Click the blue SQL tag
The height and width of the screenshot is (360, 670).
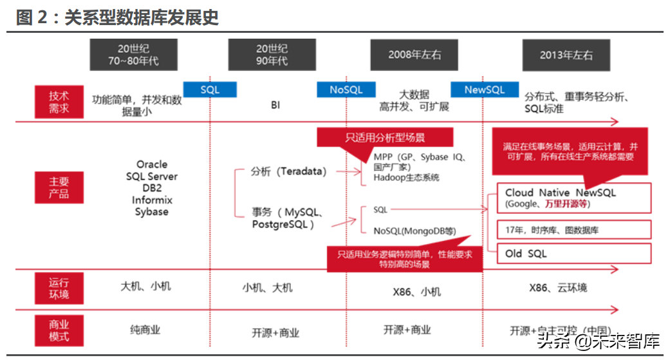point(210,90)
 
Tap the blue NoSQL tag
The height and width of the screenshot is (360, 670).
point(346,90)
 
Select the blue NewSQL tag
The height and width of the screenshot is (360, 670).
point(484,90)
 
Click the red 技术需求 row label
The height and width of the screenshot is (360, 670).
point(59,102)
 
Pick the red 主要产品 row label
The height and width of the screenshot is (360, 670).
point(59,187)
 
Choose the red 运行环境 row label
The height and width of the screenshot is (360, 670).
point(59,288)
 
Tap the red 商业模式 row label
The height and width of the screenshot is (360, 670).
point(59,330)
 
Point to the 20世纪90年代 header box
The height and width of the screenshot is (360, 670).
point(272,55)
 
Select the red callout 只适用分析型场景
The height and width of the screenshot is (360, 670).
point(385,138)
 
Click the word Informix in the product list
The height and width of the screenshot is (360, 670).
point(152,200)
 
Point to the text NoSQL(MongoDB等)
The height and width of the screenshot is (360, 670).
point(415,231)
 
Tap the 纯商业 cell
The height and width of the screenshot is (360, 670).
point(145,330)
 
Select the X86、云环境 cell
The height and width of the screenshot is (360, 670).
point(558,287)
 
